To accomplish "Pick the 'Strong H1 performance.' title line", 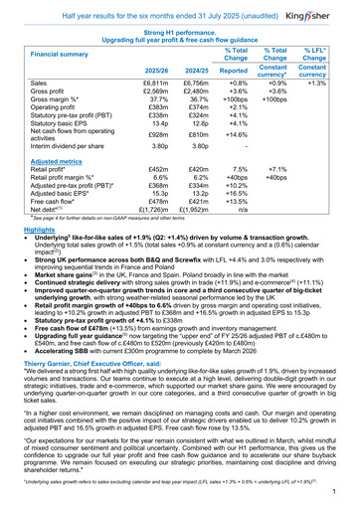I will click(x=179, y=33).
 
